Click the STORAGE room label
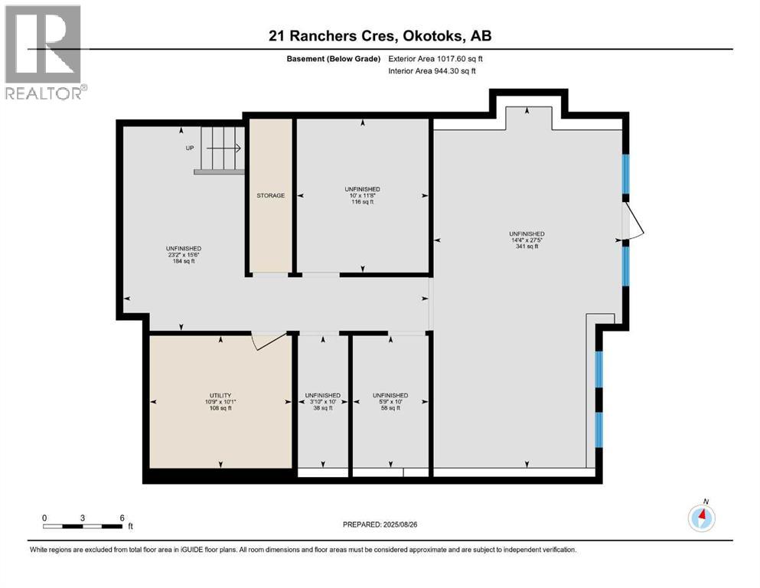(x=270, y=195)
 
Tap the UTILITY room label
(x=220, y=396)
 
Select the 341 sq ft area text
(x=527, y=247)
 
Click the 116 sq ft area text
(x=363, y=201)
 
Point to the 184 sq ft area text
(x=184, y=261)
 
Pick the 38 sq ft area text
(x=323, y=408)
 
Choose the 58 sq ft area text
(x=390, y=408)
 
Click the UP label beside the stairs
(x=190, y=148)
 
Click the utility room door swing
(x=269, y=341)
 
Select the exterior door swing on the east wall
(x=633, y=221)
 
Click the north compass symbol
(x=701, y=518)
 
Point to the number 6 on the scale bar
(x=122, y=518)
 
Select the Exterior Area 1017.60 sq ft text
(x=435, y=59)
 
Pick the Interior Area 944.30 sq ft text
(x=432, y=70)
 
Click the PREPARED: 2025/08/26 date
(x=380, y=524)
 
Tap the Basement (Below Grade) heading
(x=334, y=59)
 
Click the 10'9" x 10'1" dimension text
(x=220, y=402)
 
